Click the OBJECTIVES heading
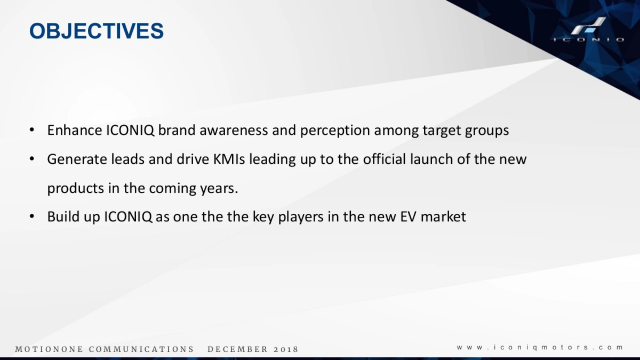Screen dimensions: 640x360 pyautogui.click(x=97, y=31)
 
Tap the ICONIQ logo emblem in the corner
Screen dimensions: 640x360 pyautogui.click(x=589, y=26)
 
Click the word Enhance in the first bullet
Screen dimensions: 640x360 pyautogui.click(x=75, y=130)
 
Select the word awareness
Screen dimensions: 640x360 pyautogui.click(x=234, y=130)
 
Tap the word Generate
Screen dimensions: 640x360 pyautogui.click(x=77, y=159)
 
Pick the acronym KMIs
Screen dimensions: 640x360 pyautogui.click(x=229, y=159)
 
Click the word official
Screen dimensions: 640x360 pyautogui.click(x=385, y=159)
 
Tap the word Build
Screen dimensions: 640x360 pyautogui.click(x=63, y=217)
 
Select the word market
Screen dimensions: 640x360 pyautogui.click(x=443, y=217)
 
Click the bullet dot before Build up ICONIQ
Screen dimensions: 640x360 pyautogui.click(x=31, y=217)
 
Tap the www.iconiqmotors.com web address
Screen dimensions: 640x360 pyautogui.click(x=540, y=348)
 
